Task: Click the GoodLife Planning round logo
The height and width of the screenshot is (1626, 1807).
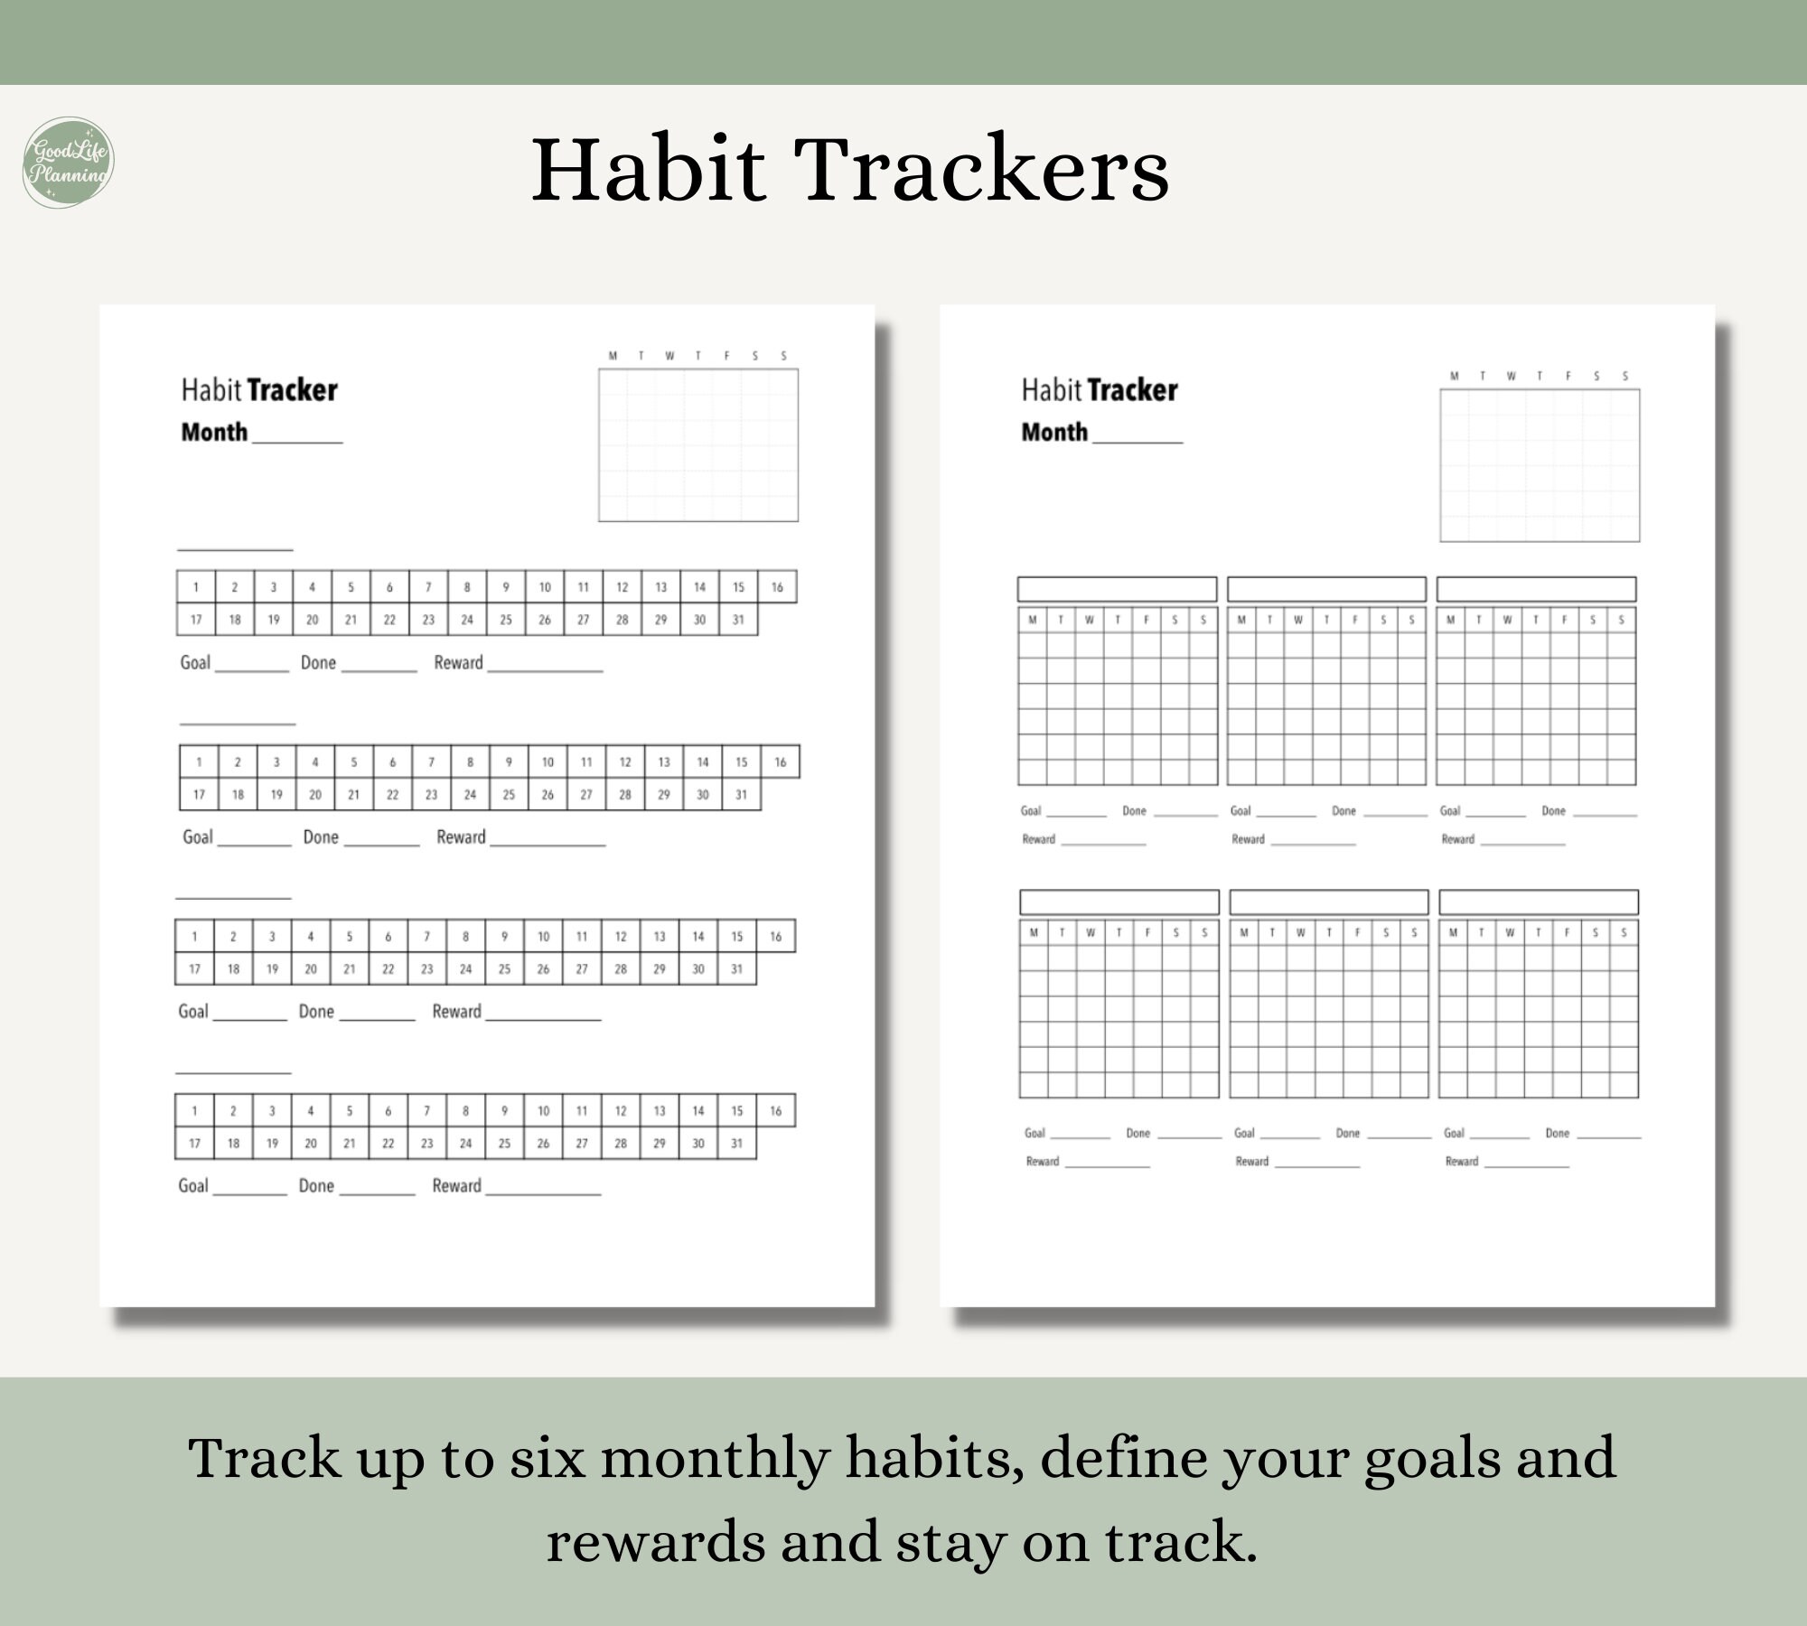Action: (68, 163)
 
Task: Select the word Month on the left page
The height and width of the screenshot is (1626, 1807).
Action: (214, 432)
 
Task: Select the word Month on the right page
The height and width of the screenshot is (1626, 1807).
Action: (1054, 432)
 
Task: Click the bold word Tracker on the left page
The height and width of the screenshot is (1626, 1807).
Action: (292, 390)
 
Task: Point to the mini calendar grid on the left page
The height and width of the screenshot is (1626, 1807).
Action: (698, 444)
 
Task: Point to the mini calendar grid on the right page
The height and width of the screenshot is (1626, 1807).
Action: (1539, 465)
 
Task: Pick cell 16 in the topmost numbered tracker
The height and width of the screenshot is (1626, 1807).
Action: (777, 587)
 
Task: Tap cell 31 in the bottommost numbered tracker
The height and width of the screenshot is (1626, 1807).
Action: (736, 1144)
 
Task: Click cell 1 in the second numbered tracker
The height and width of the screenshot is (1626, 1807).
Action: (199, 762)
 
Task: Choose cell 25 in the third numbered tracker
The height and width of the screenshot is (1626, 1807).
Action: (504, 969)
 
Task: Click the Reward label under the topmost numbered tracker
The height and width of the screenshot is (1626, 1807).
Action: (458, 663)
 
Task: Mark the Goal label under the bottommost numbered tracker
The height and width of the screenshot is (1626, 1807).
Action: (193, 1186)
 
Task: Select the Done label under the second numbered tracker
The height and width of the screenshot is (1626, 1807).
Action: (321, 837)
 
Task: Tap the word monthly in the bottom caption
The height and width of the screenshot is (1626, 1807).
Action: (715, 1460)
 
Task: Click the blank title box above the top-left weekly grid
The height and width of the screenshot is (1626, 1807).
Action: (1117, 589)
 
